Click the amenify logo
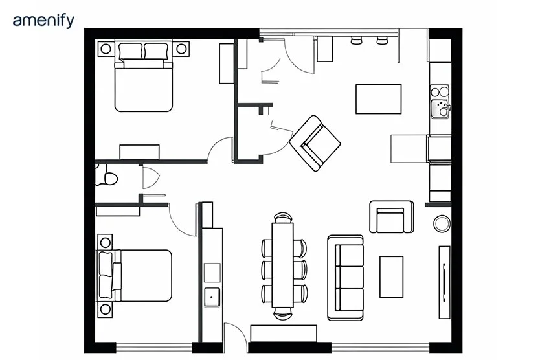click(43, 21)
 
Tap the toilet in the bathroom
click(106, 175)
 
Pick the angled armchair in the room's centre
click(315, 143)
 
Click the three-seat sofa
click(346, 277)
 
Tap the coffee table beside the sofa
click(391, 276)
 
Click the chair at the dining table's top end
click(282, 218)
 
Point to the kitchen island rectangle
click(378, 98)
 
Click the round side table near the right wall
click(443, 224)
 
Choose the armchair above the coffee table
click(391, 217)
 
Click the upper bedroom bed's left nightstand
click(104, 48)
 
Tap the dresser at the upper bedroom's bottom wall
click(139, 152)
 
